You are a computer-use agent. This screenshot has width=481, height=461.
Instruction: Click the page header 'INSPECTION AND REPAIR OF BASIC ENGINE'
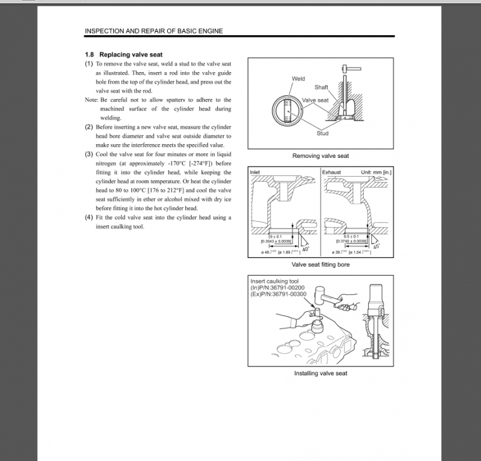[153, 31]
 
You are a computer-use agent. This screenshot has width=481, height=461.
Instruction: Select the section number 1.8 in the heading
[90, 55]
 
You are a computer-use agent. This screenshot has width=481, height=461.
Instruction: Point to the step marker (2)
[89, 127]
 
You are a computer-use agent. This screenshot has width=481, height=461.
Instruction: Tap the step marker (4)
[89, 217]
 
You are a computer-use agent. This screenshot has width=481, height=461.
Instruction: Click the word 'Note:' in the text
[91, 100]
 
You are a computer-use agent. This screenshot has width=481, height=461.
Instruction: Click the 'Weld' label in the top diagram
[299, 79]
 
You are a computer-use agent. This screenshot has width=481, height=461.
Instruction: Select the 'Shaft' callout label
[321, 87]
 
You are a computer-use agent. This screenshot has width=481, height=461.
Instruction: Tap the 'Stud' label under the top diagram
[323, 133]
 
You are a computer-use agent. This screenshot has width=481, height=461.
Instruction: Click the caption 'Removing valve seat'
[321, 156]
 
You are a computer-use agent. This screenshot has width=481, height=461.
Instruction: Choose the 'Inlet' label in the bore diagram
[256, 172]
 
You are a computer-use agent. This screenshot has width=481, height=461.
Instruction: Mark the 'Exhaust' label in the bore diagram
[331, 172]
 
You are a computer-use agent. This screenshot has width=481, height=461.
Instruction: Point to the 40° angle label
[306, 249]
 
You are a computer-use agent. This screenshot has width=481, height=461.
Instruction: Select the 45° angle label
[376, 247]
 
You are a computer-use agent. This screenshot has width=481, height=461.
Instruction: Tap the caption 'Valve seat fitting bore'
[321, 265]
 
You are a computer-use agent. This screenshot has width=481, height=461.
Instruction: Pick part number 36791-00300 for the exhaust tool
[288, 294]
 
